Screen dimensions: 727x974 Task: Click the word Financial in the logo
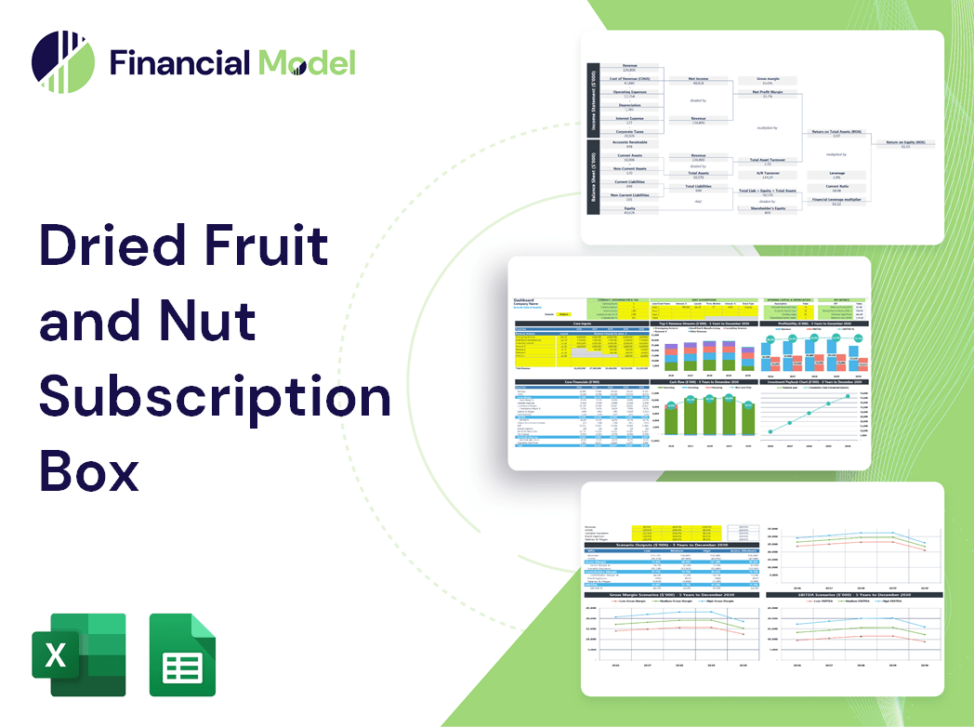[178, 62]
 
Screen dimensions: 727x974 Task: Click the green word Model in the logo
[307, 62]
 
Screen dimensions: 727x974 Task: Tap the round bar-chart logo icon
[63, 62]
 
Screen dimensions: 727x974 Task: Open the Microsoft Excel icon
[79, 654]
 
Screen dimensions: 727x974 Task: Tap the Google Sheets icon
[182, 654]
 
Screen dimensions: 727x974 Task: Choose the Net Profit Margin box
[768, 93]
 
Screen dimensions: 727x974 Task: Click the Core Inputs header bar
[582, 324]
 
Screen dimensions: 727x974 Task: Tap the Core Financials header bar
[582, 380]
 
